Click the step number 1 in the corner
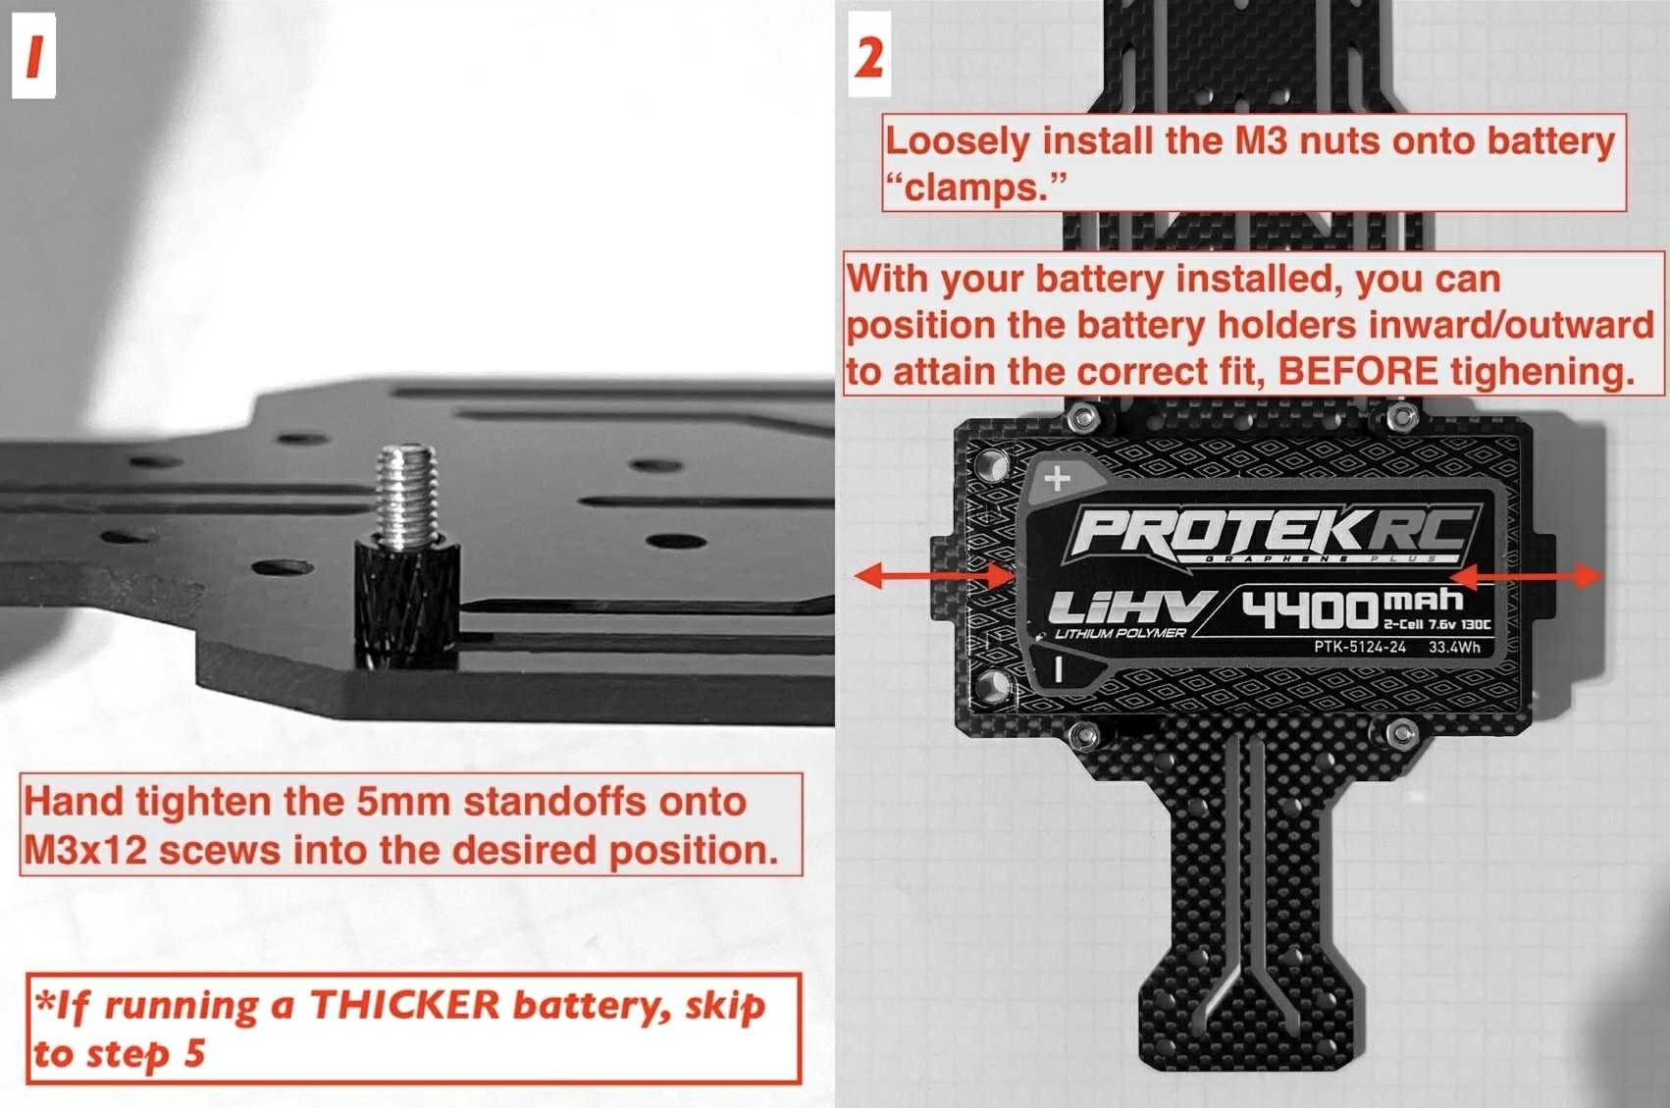33,56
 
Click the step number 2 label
869,56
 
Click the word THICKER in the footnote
404,1005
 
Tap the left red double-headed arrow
934,576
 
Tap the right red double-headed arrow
1527,576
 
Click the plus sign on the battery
1057,479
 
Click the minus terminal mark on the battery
1058,669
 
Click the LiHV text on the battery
1128,608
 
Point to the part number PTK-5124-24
1359,647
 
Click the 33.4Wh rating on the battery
1454,647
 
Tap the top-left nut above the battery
1082,419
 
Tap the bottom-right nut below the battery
1402,732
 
